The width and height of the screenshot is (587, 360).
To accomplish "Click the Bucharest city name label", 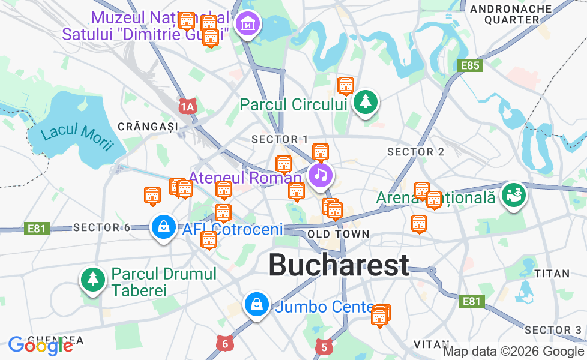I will point(339,265).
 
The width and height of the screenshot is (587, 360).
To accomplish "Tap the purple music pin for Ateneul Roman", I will point(321,175).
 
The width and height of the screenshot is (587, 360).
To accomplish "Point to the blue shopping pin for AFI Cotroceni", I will point(163,227).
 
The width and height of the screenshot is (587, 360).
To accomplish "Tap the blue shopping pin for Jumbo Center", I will point(256,305).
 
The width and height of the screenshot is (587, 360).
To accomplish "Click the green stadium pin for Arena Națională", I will point(514,194).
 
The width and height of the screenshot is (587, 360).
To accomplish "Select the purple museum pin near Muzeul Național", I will point(247,25).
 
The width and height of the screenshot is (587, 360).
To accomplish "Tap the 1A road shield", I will point(188,107).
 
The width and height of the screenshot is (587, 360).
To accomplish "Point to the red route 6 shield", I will point(225,344).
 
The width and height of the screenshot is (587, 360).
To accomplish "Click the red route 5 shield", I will point(324,346).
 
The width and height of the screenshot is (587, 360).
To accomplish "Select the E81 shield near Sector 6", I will point(37,228).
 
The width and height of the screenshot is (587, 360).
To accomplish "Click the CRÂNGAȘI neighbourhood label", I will point(148,126).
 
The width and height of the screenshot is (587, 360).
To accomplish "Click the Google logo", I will point(40,345).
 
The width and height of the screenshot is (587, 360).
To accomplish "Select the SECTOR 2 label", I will point(415,152).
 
